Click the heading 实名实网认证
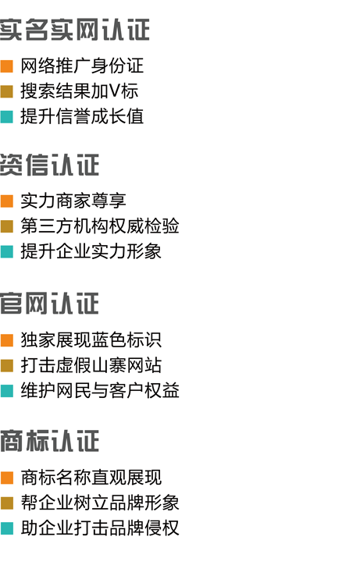75,30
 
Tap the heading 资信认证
49,165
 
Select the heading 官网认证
49,304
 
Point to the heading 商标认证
49,441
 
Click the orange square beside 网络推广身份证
7,66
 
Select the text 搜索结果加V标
80,91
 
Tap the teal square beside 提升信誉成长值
7,117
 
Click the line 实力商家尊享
73,201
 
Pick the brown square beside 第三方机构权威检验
7,226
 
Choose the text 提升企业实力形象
91,251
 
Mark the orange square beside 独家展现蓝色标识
7,340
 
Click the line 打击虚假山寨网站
91,365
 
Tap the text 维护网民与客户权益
100,390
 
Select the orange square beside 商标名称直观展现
7,478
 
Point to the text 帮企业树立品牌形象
100,503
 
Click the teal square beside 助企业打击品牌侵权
7,528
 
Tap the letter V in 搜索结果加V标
115,91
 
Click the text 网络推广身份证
82,66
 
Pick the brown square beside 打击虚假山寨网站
7,365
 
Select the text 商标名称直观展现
91,478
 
